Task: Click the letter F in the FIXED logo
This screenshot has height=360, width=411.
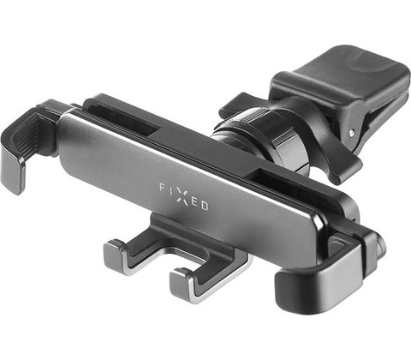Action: coord(162,188)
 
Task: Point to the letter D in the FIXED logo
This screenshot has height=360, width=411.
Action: coord(205,206)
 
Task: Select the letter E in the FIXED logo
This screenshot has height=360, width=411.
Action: coord(194,201)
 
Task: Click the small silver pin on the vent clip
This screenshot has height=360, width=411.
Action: coord(350,133)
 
